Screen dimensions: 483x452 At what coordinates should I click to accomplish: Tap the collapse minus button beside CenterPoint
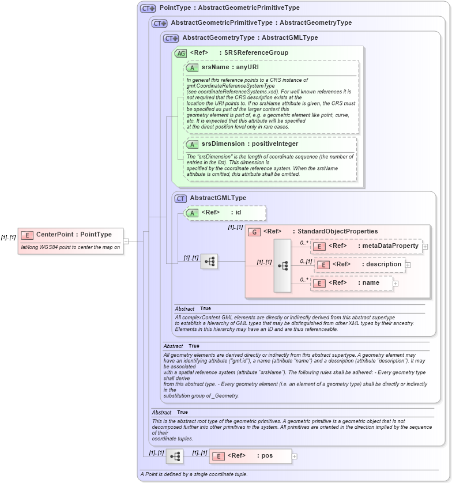[126, 241]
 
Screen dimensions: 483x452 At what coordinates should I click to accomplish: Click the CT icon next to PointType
[148, 8]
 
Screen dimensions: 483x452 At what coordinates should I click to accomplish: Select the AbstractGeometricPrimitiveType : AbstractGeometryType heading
[261, 23]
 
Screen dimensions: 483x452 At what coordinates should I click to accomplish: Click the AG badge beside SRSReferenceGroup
[180, 52]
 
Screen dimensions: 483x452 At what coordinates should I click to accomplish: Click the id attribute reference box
[225, 212]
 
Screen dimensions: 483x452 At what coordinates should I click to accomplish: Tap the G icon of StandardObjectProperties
[254, 232]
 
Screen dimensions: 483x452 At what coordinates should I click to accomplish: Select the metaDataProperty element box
[366, 246]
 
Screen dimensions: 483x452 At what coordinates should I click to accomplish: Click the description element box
[359, 265]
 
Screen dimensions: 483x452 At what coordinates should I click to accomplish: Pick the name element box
[352, 283]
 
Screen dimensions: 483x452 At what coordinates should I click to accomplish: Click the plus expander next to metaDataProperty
[425, 246]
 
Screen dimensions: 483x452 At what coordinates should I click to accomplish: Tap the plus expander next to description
[408, 265]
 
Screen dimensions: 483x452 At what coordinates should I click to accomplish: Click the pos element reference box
[250, 456]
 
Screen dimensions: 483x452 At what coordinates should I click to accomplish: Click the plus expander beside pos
[295, 456]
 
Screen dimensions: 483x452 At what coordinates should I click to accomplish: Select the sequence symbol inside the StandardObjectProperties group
[282, 266]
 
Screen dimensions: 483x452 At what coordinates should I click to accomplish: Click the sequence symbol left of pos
[174, 456]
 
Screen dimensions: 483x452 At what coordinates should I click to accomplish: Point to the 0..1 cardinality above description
[306, 261]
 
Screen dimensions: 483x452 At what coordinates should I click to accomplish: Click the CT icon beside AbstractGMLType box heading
[180, 198]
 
